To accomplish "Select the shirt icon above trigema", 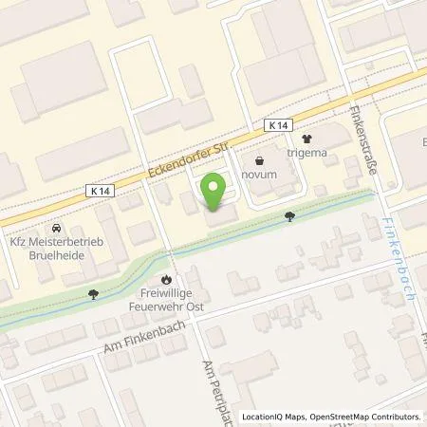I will click(x=306, y=138).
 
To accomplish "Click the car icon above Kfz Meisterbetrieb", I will click(x=57, y=229).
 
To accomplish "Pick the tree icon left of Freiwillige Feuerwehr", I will click(x=93, y=293).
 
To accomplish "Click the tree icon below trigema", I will click(x=289, y=216).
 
